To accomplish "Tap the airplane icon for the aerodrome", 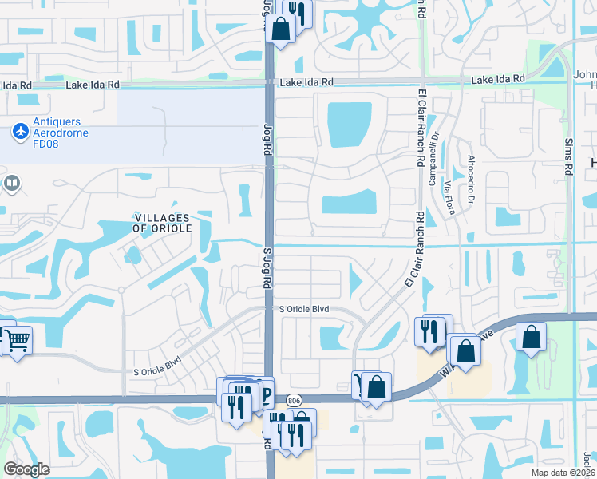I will pos(19,129).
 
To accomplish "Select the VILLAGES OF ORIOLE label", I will pos(162,223).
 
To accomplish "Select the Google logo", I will pos(27,469).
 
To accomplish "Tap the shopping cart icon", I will pos(17,341).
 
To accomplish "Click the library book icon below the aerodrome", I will pos(11,184).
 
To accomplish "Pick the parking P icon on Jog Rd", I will pos(265,395).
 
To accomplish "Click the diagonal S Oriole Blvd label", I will pos(157,366).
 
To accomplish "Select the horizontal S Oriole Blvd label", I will pos(302,309).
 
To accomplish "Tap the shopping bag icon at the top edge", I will pos(282,29).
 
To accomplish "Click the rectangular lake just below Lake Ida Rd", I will pos(349,125).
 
